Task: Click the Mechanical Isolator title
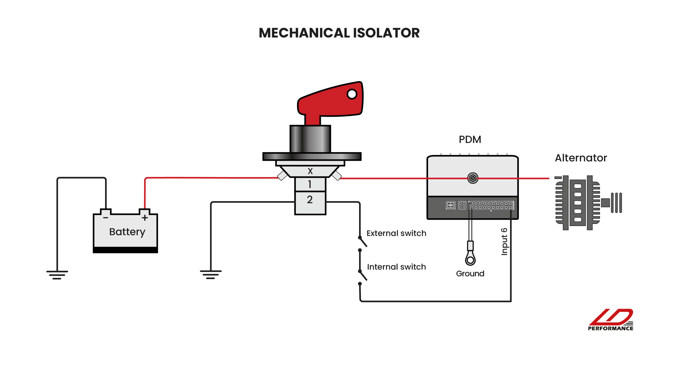coord(339,33)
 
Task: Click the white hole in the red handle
coord(352,94)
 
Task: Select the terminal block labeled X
coord(310,171)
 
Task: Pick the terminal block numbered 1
coord(310,184)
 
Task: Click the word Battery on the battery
coord(127,232)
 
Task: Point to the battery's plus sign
coord(145,218)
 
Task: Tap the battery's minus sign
coord(106,218)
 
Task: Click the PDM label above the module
coord(470,140)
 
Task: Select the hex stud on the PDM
coord(473,178)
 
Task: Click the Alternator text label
coord(581,158)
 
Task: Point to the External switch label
coord(396,233)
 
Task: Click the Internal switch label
coord(396,267)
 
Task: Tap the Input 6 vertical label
coord(504,242)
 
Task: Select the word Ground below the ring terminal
coord(470,274)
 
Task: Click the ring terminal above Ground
coord(470,259)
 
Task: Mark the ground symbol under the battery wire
coord(57,275)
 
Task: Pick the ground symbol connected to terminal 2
coord(211,274)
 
